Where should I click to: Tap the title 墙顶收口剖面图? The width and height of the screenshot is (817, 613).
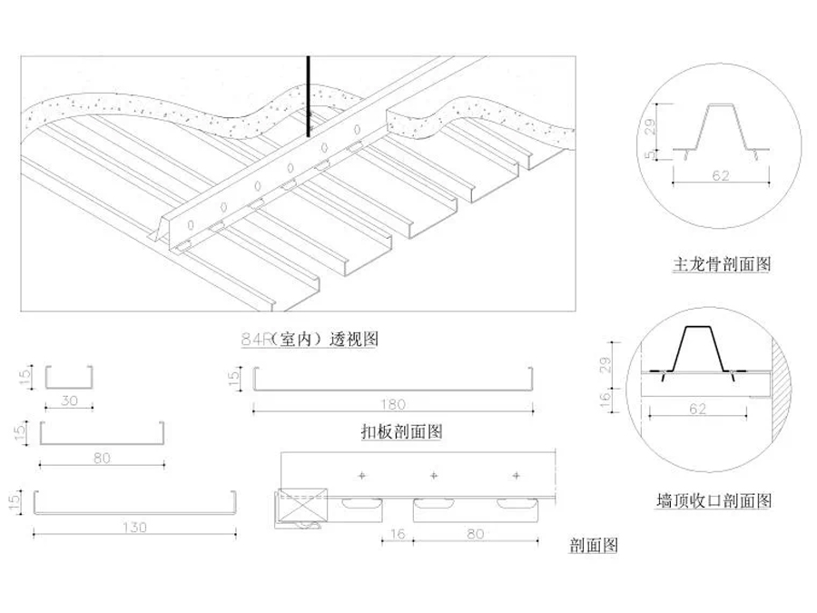[x=714, y=500]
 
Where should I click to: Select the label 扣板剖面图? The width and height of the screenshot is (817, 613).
[x=400, y=431]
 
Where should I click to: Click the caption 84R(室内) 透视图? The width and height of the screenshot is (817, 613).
[x=309, y=340]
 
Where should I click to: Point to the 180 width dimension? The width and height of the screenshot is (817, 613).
[x=392, y=404]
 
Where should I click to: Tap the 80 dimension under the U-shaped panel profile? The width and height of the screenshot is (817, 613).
[x=102, y=458]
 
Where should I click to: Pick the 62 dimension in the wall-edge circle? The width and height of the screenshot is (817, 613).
[x=697, y=410]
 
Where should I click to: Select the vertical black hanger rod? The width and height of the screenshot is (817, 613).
[x=309, y=95]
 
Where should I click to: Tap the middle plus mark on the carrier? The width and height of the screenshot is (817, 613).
[x=433, y=476]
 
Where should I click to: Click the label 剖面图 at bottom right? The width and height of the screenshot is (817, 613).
[x=593, y=546]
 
